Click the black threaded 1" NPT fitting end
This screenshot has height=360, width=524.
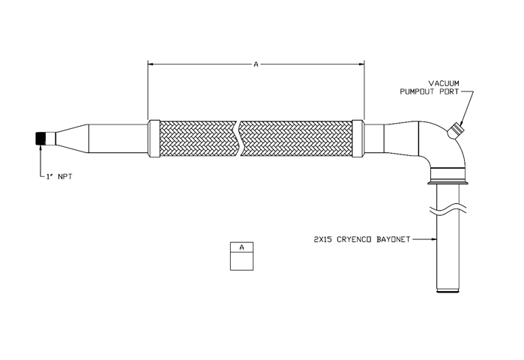tap(40, 139)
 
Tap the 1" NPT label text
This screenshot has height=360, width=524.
tap(59, 176)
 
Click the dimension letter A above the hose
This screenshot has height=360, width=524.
tap(256, 64)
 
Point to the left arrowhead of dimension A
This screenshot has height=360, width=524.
tap(151, 64)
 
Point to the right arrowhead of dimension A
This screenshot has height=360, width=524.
tap(361, 64)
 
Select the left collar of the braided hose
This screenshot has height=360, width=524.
tap(154, 139)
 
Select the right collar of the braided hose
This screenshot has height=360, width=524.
tap(358, 139)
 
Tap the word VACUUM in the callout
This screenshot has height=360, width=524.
tap(444, 83)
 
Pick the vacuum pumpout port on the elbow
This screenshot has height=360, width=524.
tap(454, 130)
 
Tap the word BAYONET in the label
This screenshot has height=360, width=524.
tap(394, 240)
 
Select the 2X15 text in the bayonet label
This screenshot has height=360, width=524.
tap(323, 240)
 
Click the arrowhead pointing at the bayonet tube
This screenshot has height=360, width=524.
tap(434, 239)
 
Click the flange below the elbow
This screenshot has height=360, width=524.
tap(448, 182)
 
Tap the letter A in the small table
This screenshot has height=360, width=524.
tap(242, 247)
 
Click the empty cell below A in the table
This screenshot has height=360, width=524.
tap(241, 261)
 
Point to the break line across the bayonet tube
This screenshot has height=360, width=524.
tap(448, 211)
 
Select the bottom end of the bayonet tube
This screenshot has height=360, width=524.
tap(448, 292)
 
